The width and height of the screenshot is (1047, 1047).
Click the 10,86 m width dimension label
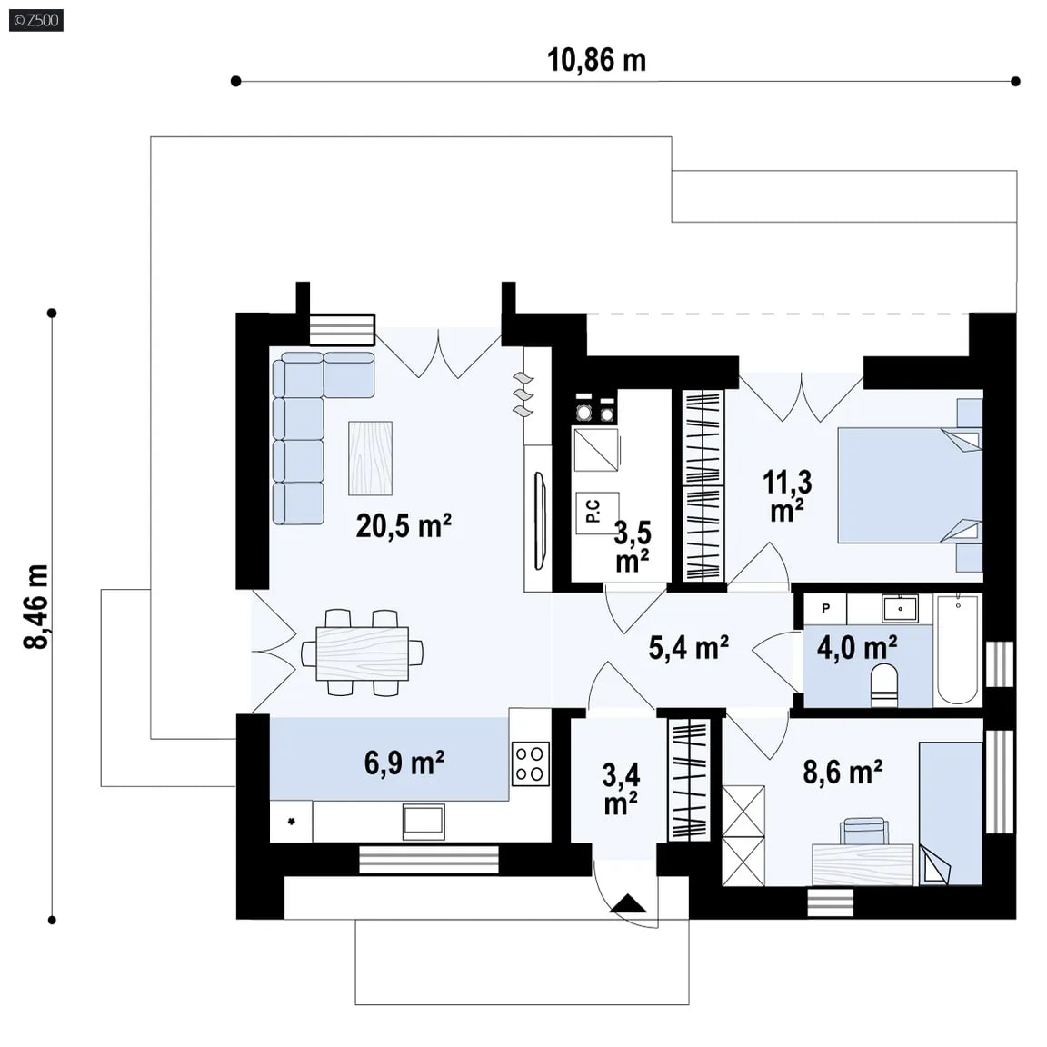(x=596, y=60)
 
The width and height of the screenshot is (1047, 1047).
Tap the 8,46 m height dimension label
(x=36, y=606)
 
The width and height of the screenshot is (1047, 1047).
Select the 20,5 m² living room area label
(x=404, y=525)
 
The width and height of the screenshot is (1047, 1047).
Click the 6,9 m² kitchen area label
(x=404, y=762)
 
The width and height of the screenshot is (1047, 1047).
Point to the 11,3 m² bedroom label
(x=787, y=495)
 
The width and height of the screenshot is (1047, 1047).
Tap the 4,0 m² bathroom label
(x=857, y=647)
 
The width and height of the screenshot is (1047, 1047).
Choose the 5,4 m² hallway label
(x=688, y=647)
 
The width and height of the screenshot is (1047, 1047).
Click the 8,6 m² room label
(x=843, y=772)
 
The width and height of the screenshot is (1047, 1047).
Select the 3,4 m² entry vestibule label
(x=621, y=789)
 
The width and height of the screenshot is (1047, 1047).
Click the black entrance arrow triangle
(x=628, y=903)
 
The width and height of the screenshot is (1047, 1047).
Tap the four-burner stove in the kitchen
(x=530, y=763)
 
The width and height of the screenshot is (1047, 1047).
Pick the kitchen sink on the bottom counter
(x=424, y=822)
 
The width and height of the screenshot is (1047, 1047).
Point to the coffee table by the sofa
(x=370, y=458)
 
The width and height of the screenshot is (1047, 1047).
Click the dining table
(x=362, y=653)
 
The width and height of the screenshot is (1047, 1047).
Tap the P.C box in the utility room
(x=597, y=513)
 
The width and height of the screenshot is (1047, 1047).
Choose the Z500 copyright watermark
(x=36, y=20)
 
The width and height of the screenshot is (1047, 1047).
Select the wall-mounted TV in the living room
(x=540, y=521)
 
